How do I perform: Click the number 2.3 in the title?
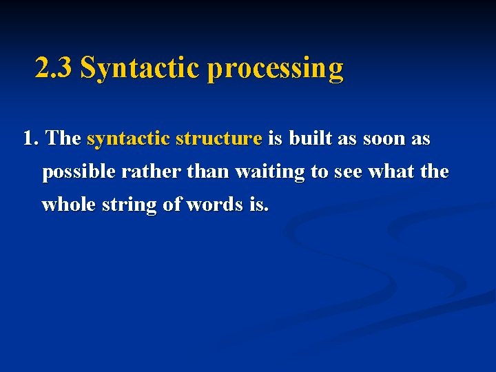[54, 68]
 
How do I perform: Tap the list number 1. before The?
[31, 138]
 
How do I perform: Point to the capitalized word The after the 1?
[64, 138]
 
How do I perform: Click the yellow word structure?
[218, 138]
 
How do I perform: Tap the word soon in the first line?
[382, 138]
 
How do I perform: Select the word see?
[348, 172]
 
